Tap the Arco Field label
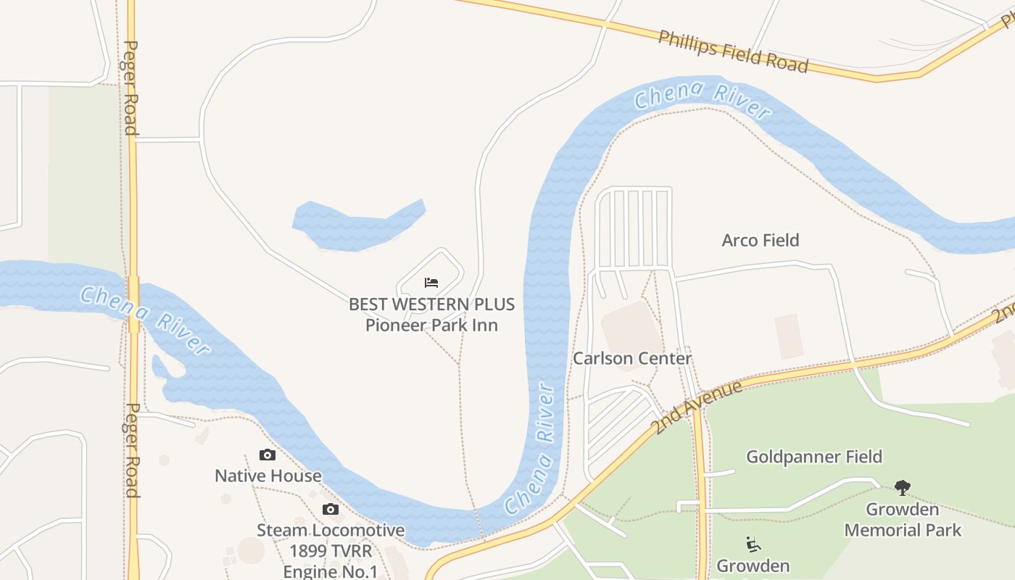(x=760, y=240)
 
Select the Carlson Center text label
(x=632, y=358)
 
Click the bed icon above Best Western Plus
(x=431, y=282)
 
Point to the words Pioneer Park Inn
(x=431, y=325)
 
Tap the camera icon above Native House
(x=268, y=455)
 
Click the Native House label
(x=268, y=476)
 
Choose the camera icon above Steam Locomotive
(x=331, y=510)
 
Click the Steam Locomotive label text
(x=331, y=530)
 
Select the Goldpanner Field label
(x=814, y=457)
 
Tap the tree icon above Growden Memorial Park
(x=902, y=487)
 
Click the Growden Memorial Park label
(x=903, y=520)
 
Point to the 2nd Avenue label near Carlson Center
(x=697, y=407)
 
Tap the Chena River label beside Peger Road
(x=145, y=320)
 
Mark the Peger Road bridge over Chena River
(x=133, y=304)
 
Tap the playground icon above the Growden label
(x=753, y=544)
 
